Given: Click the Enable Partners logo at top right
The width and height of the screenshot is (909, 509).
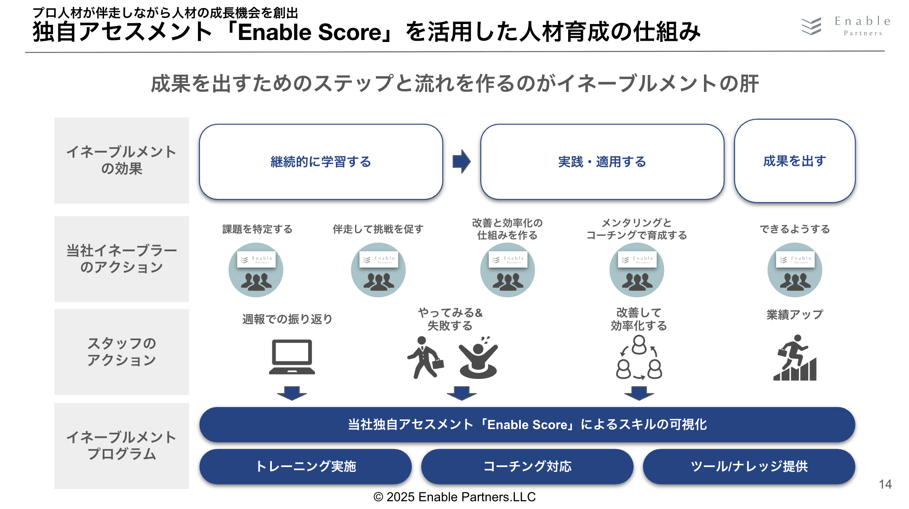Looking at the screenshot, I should pos(845,27).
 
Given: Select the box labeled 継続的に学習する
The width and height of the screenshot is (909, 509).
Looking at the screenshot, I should pos(321,162).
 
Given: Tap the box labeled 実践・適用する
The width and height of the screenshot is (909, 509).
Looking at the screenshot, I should pos(602,162).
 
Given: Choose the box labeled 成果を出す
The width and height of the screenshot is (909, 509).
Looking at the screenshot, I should pos(794,161).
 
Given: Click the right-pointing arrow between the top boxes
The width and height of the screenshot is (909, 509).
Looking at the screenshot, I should pos(461,161).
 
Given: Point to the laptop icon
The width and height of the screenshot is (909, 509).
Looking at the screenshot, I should pos(292,357).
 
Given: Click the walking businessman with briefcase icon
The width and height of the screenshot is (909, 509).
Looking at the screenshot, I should pos(425,358).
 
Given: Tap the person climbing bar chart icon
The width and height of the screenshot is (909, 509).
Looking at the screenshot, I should pos(795,358).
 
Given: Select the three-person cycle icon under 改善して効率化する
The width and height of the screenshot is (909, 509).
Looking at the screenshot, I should pos(639,358).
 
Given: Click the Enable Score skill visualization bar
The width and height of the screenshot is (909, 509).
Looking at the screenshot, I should pos(527,425).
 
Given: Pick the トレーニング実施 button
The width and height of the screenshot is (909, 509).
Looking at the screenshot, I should pos(305,466).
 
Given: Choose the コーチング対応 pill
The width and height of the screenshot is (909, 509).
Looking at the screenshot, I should pos(527,466).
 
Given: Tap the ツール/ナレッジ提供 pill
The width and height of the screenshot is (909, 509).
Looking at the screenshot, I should pos(749,466).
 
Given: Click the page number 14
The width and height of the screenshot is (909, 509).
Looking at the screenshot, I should pos(885,484).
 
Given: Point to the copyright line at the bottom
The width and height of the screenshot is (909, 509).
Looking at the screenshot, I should pos(454,497).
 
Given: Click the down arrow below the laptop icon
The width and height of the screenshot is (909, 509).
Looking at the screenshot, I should pos(292,393).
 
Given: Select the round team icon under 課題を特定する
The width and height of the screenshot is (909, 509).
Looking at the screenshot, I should pos(256,270).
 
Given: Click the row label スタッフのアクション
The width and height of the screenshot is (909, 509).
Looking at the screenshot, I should pos(121,352).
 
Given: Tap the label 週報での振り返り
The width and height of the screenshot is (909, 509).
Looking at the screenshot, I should pos(287,319).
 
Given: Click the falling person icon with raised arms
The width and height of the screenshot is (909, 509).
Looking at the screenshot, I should pos(478,358).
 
